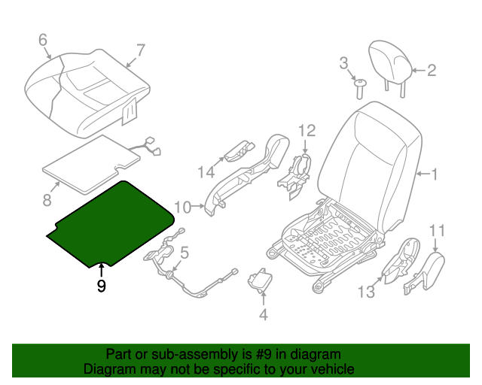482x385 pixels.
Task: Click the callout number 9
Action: pos(101,286)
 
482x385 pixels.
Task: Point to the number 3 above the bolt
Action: pos(343,62)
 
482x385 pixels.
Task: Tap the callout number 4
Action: pos(263,314)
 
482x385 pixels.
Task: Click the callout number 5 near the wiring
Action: pos(184,253)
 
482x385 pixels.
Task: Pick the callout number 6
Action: pos(42,39)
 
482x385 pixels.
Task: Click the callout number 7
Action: pos(139,51)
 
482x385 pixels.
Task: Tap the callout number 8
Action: pos(47,199)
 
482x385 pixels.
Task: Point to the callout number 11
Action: pos(438,229)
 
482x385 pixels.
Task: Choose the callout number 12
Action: pos(306,131)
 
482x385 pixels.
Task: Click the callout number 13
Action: pos(366,292)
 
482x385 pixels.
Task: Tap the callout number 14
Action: pos(206,172)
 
